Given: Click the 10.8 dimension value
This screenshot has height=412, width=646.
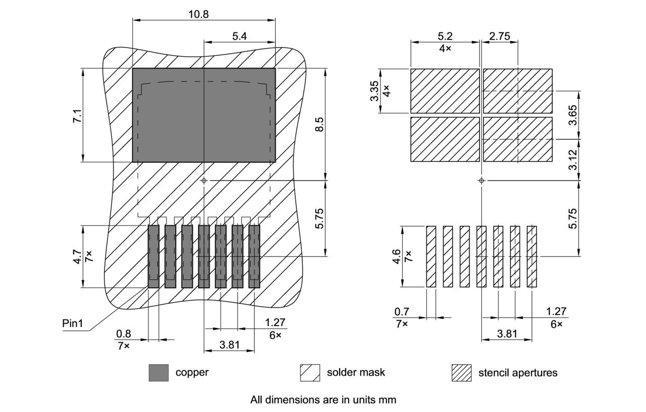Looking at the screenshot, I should coord(198,14).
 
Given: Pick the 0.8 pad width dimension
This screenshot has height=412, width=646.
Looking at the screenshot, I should coord(123,334).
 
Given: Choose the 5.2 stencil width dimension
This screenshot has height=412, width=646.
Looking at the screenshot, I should coord(445,36).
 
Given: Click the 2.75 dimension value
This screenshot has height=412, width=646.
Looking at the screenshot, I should coord(499,36).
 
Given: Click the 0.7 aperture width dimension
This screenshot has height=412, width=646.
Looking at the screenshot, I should coord(402,312).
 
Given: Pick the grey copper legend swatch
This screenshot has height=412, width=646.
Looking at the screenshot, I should coord(158,373).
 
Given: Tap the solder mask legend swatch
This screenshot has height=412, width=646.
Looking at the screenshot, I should coord(310,373).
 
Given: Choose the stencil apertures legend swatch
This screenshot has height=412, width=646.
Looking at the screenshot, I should coord(461,373).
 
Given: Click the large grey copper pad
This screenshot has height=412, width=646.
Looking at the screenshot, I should coord(203,115).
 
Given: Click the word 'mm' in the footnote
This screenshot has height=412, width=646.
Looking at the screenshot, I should coord(389,400).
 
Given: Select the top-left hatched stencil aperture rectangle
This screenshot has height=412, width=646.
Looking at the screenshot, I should coord(445,91).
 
